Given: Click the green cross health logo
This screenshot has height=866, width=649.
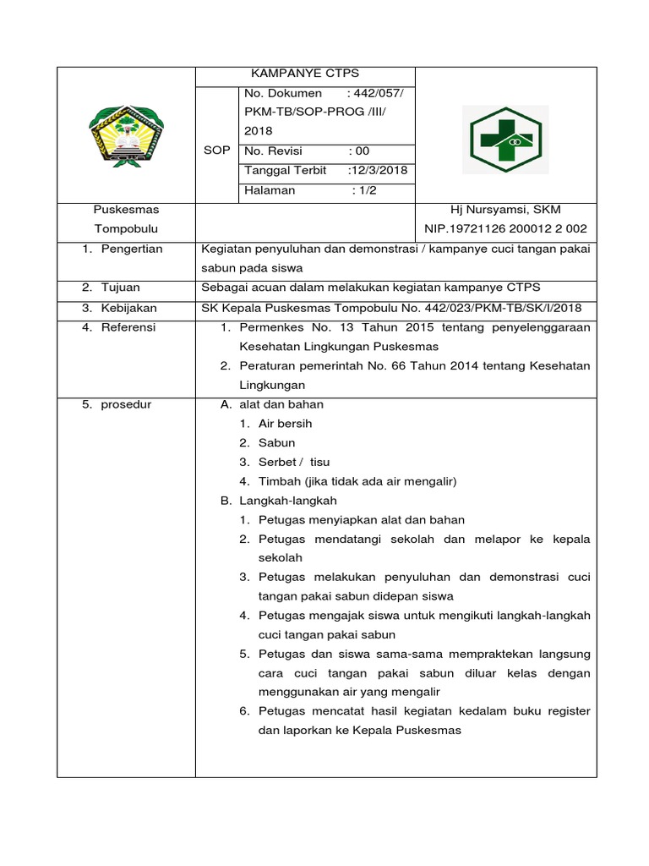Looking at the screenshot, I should [509, 140].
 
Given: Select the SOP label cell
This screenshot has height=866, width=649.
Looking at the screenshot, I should [217, 150].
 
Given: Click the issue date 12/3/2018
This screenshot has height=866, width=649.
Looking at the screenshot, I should [379, 170].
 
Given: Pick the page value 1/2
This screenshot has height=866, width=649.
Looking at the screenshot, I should [364, 190].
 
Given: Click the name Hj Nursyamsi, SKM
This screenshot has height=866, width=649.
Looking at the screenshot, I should [507, 209].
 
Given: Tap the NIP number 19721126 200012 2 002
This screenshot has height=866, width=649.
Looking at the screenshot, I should [505, 229].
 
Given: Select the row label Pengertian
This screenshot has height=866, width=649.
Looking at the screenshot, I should [131, 249].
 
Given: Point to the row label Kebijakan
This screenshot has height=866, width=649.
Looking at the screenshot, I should [128, 308].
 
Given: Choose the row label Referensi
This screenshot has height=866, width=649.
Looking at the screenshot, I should [128, 327].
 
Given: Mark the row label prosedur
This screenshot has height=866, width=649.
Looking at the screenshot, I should [126, 404].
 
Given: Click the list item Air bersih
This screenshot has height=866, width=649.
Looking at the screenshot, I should [285, 424].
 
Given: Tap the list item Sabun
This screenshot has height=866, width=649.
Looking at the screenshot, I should [276, 442].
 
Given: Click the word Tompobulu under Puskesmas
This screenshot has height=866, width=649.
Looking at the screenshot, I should [126, 229].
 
